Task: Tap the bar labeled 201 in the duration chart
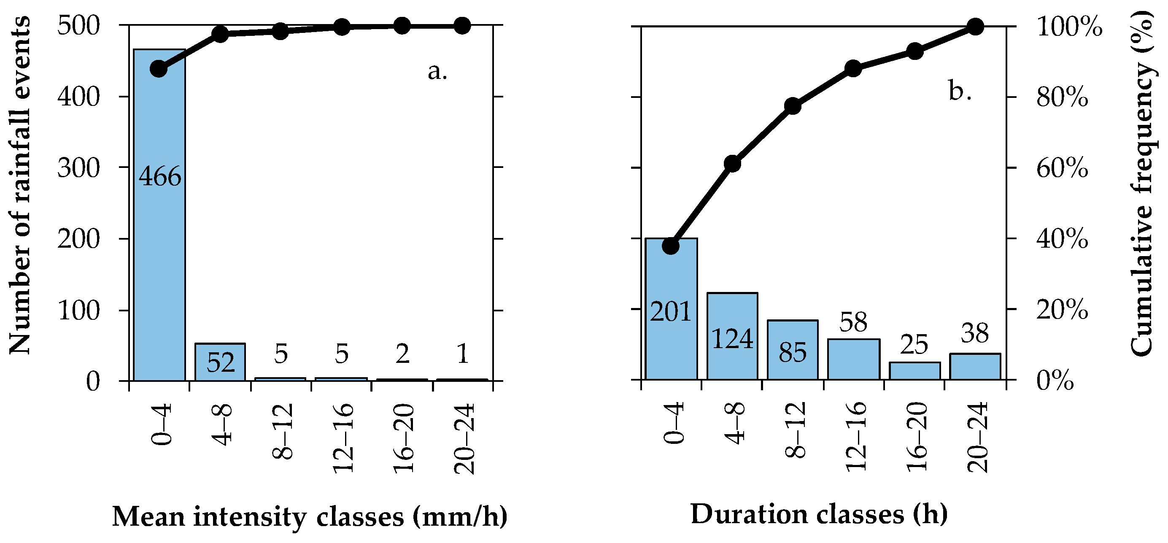pyautogui.click(x=671, y=345)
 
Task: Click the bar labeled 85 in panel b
pyautogui.click(x=793, y=363)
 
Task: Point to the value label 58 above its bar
pyautogui.click(x=853, y=322)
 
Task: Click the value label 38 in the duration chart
pyautogui.click(x=975, y=333)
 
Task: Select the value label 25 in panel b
pyautogui.click(x=914, y=345)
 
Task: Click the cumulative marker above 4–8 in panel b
pyautogui.click(x=732, y=164)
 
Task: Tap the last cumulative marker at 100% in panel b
pyautogui.click(x=975, y=27)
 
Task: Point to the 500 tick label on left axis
pyautogui.click(x=78, y=26)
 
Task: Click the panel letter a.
pyautogui.click(x=437, y=71)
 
